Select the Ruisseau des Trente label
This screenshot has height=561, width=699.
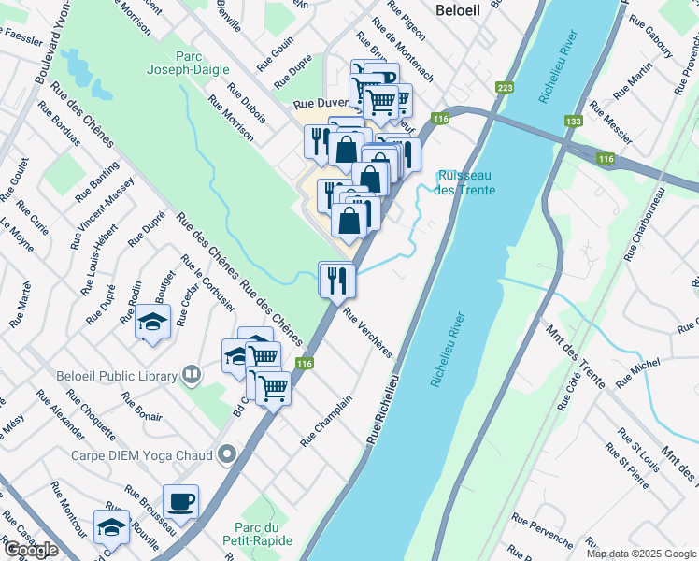coord(464,181)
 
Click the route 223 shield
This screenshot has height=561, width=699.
coord(506,88)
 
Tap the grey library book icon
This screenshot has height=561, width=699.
coord(192,376)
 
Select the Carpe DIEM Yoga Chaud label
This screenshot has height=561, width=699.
coord(142,456)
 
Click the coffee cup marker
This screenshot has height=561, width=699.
coord(180,501)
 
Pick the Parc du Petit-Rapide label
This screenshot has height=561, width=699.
coord(258,534)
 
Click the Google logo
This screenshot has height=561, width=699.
coord(31,550)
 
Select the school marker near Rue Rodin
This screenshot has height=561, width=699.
coord(150,324)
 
